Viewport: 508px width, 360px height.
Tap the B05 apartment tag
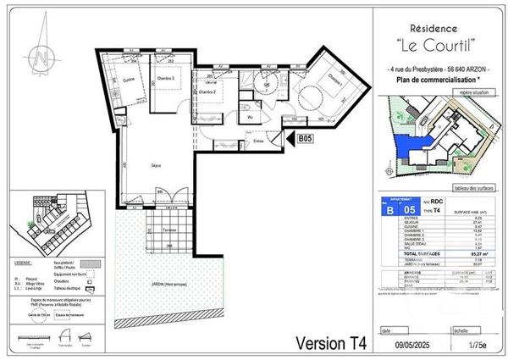[x=306, y=137]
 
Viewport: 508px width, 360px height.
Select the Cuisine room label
[x=129, y=80]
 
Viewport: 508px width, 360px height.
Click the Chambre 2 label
[x=208, y=91]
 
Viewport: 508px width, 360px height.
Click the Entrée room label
[x=258, y=142]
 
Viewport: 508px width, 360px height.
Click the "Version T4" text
[x=330, y=343]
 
